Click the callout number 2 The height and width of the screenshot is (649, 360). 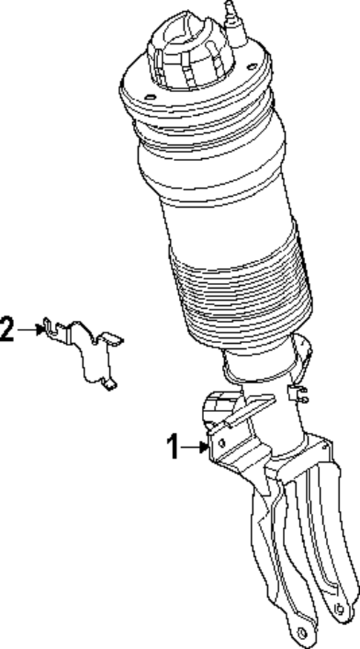click(x=7, y=328)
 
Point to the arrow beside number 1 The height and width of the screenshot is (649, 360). click(x=194, y=447)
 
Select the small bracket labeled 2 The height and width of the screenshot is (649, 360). click(x=88, y=350)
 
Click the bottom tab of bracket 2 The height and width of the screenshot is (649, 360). click(x=109, y=385)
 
